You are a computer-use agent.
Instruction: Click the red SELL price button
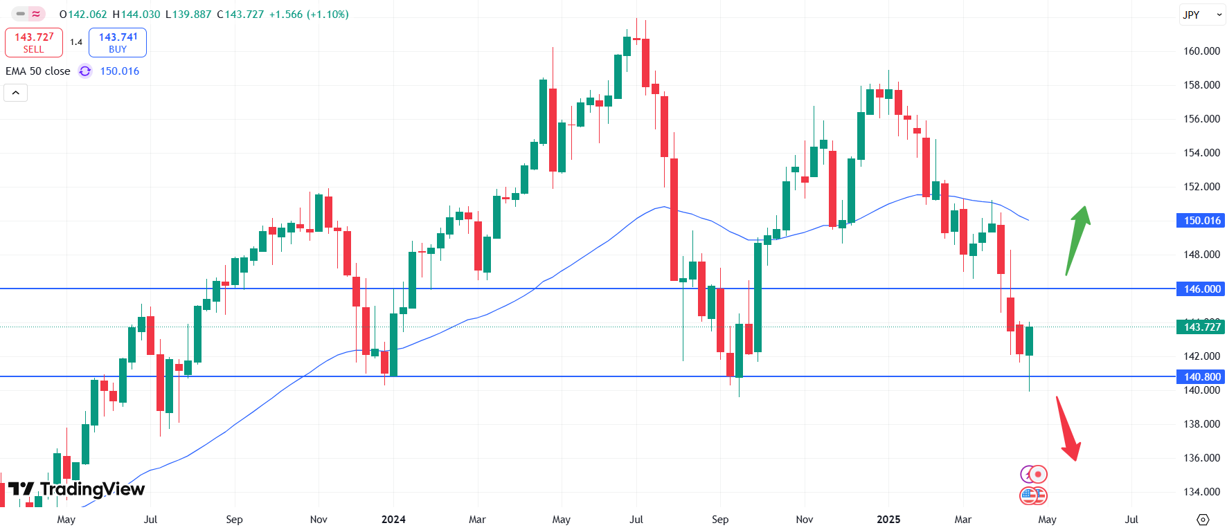(34, 42)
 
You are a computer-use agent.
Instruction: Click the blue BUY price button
(118, 42)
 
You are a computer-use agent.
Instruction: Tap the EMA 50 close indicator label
(38, 71)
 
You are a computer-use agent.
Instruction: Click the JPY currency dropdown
(1201, 15)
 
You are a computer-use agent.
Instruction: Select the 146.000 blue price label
(1201, 289)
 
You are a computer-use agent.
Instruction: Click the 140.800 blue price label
(1201, 377)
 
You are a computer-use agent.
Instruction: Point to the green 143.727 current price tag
(1201, 327)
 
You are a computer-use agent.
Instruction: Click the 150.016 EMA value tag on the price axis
(1201, 221)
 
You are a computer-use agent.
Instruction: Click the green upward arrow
(1078, 239)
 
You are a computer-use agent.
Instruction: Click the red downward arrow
(1068, 429)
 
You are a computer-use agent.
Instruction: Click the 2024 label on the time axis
(393, 520)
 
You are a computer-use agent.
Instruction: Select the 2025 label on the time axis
(888, 520)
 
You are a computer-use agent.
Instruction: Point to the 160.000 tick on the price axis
(1201, 51)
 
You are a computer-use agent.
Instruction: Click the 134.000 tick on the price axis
(1201, 492)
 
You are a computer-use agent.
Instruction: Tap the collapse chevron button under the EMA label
(16, 93)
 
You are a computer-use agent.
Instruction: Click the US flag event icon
(1032, 495)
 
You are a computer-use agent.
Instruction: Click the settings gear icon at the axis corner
(1203, 520)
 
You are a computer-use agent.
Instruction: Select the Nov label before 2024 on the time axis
(319, 520)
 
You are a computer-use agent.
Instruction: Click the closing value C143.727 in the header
(240, 15)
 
